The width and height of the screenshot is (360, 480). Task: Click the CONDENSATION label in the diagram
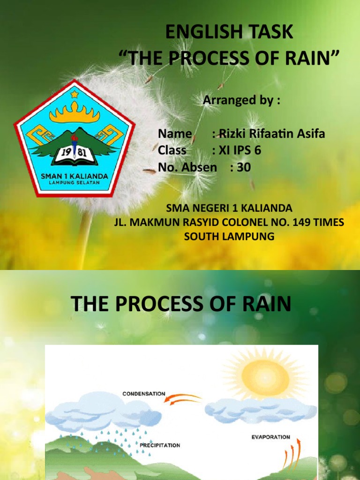click(x=144, y=394)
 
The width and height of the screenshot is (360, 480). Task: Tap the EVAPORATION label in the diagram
click(x=270, y=437)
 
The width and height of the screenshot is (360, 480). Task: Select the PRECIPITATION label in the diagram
click(x=159, y=445)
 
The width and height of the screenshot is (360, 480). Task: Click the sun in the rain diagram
click(x=265, y=376)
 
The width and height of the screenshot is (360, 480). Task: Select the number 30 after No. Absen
click(x=244, y=167)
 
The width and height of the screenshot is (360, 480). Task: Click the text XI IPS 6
click(x=236, y=150)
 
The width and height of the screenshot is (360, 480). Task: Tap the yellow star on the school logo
click(x=74, y=95)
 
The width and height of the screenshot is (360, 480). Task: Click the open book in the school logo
click(x=74, y=157)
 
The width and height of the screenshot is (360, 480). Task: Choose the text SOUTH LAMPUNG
click(x=229, y=237)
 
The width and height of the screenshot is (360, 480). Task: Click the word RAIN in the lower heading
click(x=269, y=304)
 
